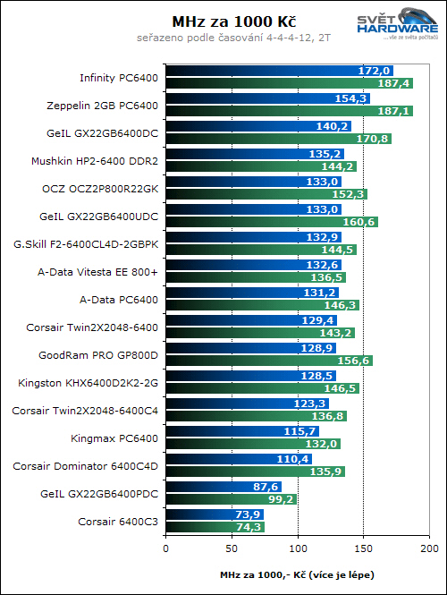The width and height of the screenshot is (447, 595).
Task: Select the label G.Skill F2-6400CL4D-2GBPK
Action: click(x=86, y=244)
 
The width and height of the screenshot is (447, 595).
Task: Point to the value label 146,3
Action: click(x=342, y=305)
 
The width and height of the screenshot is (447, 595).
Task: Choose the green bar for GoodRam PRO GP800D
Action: click(x=268, y=361)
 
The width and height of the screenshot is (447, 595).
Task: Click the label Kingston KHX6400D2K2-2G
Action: click(x=88, y=383)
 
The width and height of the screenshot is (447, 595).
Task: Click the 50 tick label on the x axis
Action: click(x=231, y=547)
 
